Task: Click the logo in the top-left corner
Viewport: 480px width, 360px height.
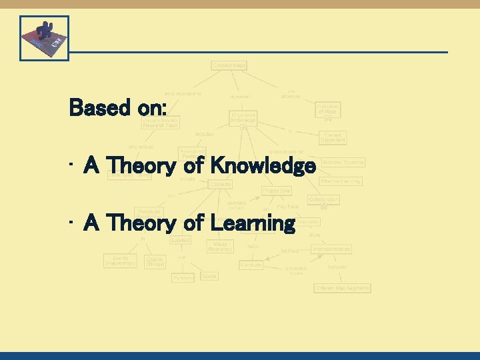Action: click(x=44, y=38)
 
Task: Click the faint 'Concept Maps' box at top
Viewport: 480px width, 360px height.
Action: click(x=229, y=65)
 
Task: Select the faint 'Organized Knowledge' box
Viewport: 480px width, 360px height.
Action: click(x=243, y=117)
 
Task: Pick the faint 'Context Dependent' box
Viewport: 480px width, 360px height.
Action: click(x=333, y=137)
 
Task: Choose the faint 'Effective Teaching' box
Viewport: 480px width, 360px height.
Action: click(x=343, y=162)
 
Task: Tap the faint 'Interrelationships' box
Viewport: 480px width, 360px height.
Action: click(x=331, y=249)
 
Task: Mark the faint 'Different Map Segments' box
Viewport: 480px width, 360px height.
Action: click(x=342, y=288)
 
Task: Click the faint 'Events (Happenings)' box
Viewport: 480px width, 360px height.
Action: click(x=120, y=260)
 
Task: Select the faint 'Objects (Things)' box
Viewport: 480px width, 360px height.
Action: click(x=155, y=261)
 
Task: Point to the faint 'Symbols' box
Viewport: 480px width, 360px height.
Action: click(x=183, y=277)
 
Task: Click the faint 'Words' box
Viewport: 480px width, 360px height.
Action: click(x=209, y=276)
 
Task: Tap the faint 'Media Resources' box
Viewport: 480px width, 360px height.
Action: click(x=219, y=247)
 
